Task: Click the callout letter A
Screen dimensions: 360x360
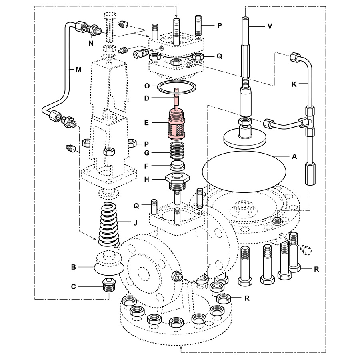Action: (295, 157)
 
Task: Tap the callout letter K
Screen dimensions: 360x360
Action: (294, 85)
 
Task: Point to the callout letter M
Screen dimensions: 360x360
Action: (78, 69)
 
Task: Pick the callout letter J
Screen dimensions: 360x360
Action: (136, 222)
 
